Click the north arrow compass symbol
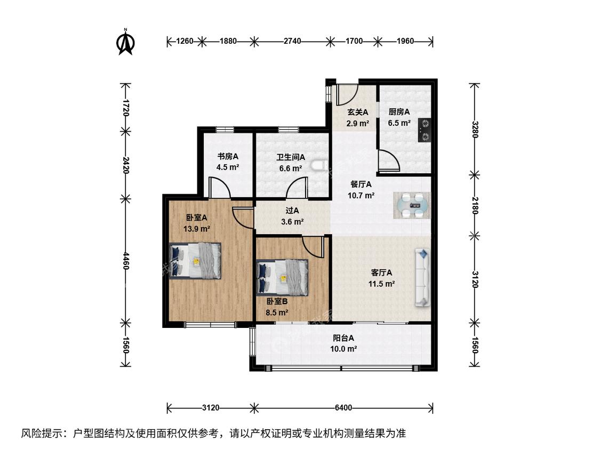tap(125, 42)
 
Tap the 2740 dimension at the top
tap(292, 41)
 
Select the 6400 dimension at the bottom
tap(343, 407)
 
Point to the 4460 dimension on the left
tap(125, 260)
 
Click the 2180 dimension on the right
tap(475, 205)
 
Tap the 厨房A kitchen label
tap(399, 112)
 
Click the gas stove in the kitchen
tap(424, 130)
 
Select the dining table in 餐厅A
tap(412, 205)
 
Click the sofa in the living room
tap(422, 277)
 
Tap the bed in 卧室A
tap(195, 261)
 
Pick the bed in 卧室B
tap(282, 278)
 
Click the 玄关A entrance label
tap(357, 112)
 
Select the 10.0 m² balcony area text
tap(343, 349)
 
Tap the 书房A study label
tap(228, 156)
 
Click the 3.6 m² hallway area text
tap(292, 222)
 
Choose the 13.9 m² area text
tap(197, 229)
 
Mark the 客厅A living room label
tap(381, 272)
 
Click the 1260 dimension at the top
tap(185, 41)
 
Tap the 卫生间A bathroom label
tap(291, 157)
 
